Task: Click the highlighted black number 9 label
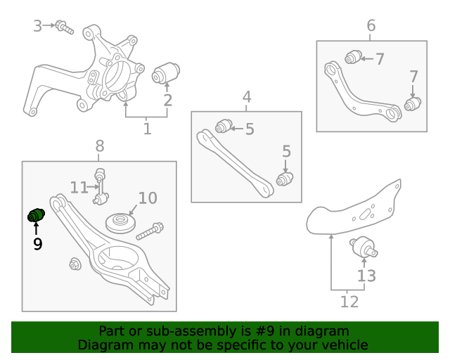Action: [37, 244]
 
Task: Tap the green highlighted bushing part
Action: [36, 215]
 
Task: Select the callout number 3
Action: [38, 26]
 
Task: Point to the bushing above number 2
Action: [167, 72]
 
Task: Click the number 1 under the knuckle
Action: [147, 129]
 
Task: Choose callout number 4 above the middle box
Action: [247, 97]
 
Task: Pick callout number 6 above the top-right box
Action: [371, 26]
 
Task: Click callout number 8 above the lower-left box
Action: [100, 146]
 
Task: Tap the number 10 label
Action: [148, 198]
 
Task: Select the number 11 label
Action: [79, 187]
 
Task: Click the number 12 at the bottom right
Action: [349, 302]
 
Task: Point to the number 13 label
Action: [367, 276]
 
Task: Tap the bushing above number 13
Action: [364, 247]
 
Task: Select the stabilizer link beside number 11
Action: [101, 186]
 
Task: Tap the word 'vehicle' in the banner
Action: [343, 345]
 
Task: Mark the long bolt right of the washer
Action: [150, 231]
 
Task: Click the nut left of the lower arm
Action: [75, 264]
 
